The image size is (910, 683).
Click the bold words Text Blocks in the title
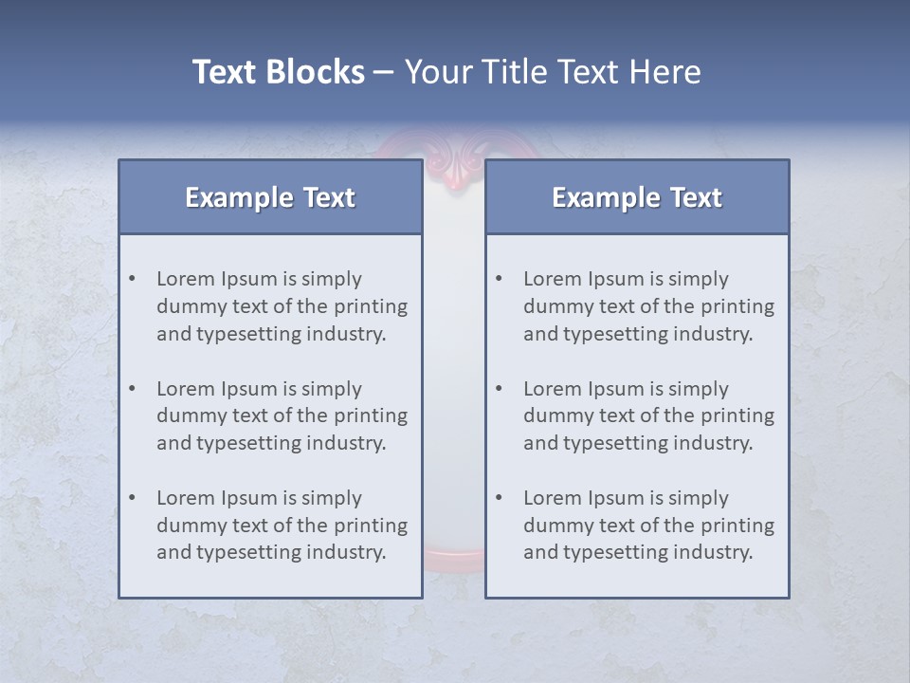[278, 72]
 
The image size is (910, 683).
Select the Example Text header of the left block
[270, 197]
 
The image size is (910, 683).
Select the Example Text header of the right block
[637, 197]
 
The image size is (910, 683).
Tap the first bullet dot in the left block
[133, 279]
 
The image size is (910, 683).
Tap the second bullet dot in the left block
[133, 389]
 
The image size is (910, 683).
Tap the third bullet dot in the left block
[133, 498]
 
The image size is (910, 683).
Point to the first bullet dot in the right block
[500, 279]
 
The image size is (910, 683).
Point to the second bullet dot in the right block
[500, 389]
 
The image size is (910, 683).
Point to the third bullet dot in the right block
[500, 498]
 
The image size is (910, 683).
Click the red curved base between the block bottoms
[453, 559]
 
